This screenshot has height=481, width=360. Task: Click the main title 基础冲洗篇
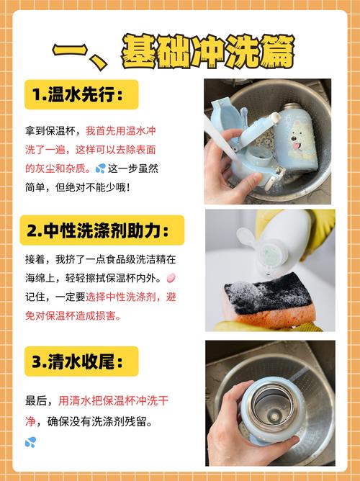[x=209, y=51]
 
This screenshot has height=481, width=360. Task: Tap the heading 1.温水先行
[x=78, y=94]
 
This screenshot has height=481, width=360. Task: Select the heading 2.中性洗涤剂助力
[x=98, y=230]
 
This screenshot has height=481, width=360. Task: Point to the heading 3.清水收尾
[x=78, y=361]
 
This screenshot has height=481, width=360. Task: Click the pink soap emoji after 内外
[x=171, y=278]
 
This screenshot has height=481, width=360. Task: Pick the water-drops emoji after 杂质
[x=100, y=168]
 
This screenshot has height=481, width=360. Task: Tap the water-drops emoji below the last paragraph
[x=30, y=442]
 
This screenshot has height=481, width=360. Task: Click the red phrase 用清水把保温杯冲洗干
[x=113, y=400]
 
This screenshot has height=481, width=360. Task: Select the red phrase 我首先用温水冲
[x=121, y=131]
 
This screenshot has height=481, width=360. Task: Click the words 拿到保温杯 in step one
[x=50, y=131]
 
